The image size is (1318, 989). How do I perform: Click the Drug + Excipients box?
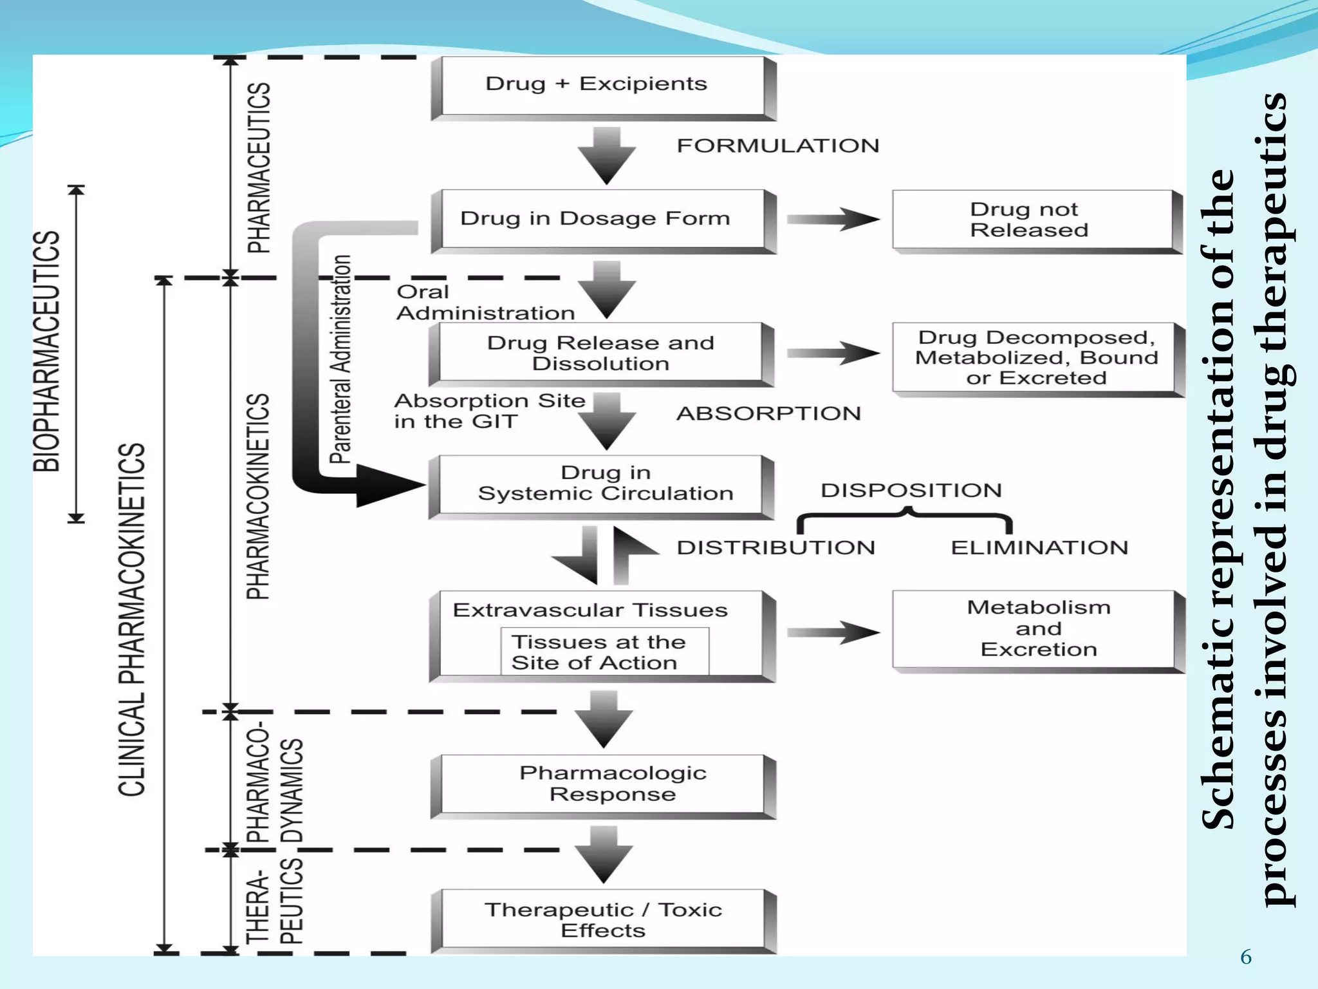click(603, 87)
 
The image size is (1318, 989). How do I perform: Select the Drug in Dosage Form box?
click(603, 220)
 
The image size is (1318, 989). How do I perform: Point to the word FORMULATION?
click(777, 146)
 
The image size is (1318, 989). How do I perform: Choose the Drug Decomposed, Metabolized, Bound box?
click(1036, 357)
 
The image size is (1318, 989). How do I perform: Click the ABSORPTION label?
click(768, 413)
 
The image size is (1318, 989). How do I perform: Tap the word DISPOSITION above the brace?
click(911, 490)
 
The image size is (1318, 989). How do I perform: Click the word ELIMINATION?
click(1039, 547)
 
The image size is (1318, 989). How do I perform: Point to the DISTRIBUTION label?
click(775, 547)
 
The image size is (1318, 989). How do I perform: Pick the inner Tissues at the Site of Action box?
click(604, 652)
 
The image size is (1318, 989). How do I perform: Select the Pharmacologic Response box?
click(603, 784)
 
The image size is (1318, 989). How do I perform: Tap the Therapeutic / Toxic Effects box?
click(603, 919)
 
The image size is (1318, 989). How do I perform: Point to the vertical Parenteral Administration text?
click(340, 359)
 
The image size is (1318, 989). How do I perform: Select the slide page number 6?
click(1246, 957)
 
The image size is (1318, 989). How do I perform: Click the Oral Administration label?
click(486, 302)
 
